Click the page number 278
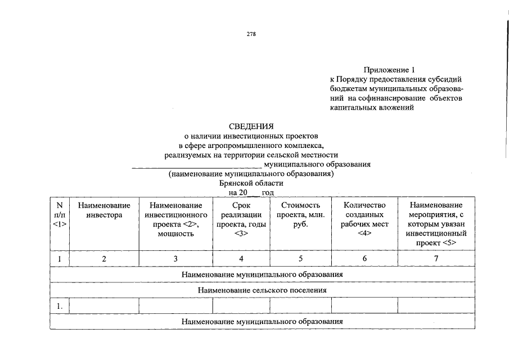point(251,34)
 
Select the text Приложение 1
point(389,70)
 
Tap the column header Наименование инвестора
point(104,210)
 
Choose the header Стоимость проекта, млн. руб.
point(300,215)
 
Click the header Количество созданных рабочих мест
point(364,215)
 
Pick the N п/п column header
point(60,215)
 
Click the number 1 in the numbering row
point(60,259)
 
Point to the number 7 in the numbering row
point(436,259)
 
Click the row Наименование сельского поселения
point(262,290)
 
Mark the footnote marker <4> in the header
point(364,233)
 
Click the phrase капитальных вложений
point(372,107)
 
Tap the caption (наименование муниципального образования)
point(251,174)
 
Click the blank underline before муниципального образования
point(196,165)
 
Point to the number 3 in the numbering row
point(175,259)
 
